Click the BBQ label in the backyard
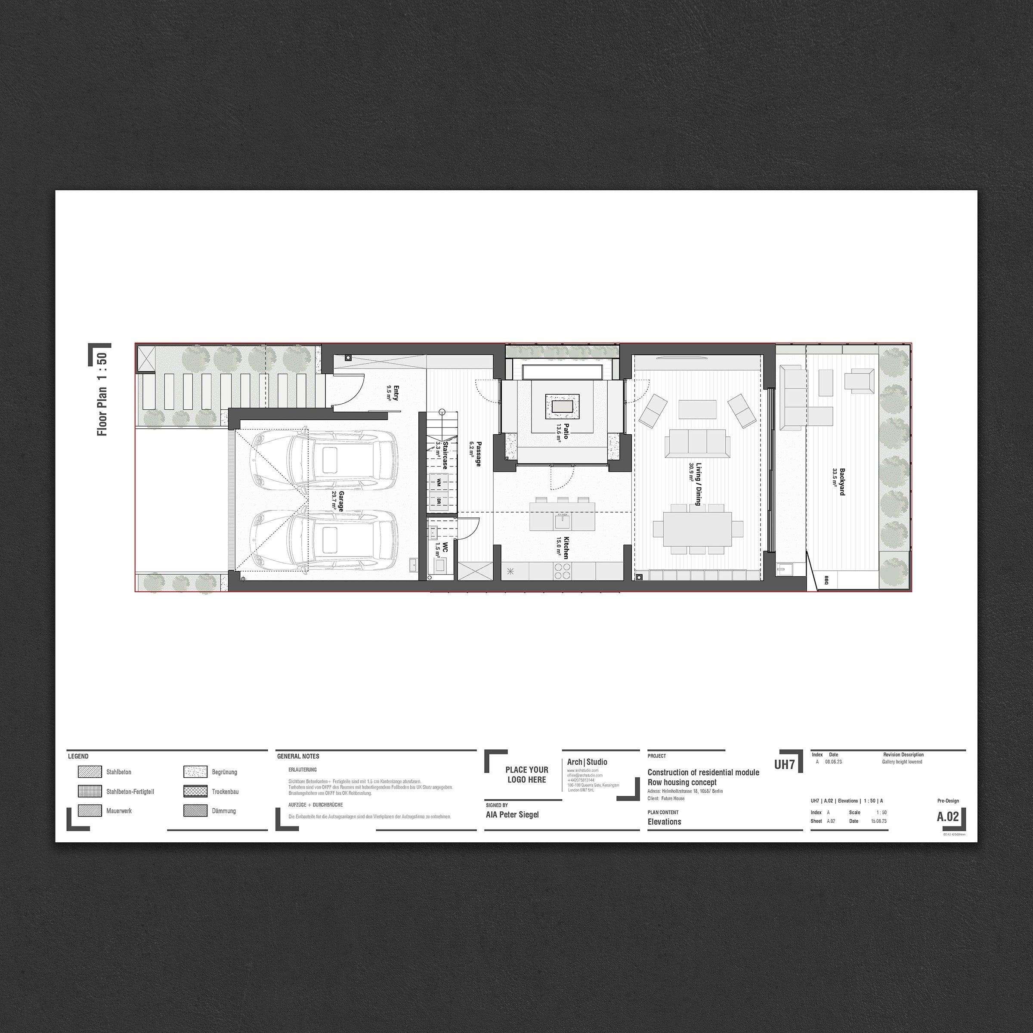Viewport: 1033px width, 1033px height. tap(826, 580)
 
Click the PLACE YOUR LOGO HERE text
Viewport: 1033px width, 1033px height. tap(527, 774)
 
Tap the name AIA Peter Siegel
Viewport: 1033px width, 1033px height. tap(512, 814)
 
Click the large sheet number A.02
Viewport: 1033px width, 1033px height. tap(947, 817)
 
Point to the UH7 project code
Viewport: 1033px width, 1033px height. tap(784, 764)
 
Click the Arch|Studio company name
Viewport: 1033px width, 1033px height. tap(587, 762)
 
